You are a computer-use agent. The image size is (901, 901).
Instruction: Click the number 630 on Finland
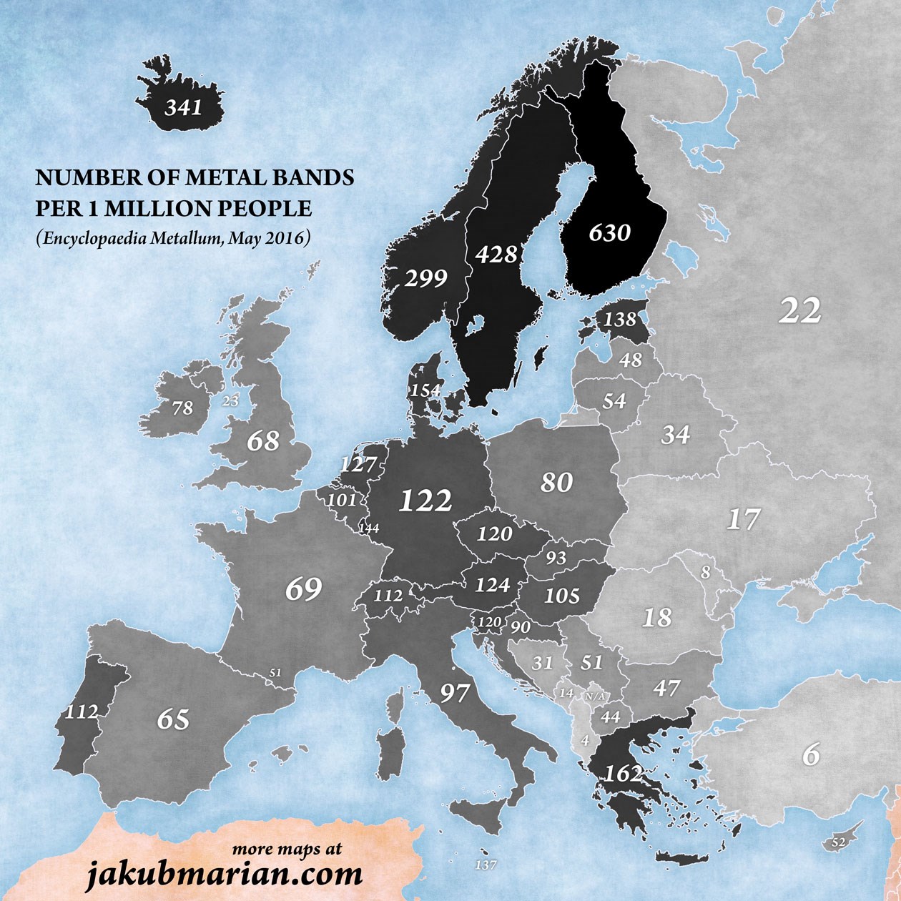610,233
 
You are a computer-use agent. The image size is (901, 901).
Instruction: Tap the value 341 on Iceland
184,109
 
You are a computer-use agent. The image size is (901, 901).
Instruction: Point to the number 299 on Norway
425,278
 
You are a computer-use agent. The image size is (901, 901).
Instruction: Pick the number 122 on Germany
425,501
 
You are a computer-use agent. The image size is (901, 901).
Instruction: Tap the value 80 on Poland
556,483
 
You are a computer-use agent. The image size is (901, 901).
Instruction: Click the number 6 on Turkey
810,755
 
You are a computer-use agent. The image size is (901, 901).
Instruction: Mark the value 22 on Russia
800,311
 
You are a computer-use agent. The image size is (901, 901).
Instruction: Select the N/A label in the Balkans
594,696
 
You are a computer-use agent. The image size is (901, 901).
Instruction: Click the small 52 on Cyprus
839,843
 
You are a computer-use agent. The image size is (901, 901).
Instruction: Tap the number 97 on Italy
454,693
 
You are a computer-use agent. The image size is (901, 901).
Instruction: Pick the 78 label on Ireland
183,408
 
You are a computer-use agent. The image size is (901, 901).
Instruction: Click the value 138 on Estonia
620,319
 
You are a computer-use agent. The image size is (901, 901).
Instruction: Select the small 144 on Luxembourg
370,528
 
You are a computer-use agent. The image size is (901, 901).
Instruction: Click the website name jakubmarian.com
224,873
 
